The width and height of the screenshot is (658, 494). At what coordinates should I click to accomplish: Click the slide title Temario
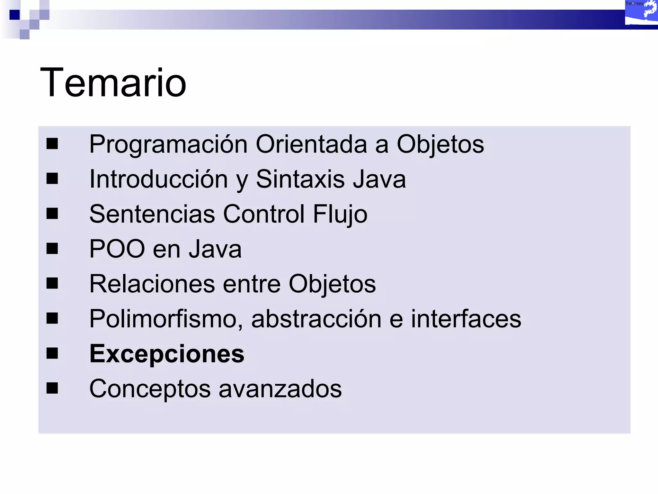tap(113, 83)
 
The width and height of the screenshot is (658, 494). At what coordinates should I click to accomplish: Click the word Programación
tap(168, 144)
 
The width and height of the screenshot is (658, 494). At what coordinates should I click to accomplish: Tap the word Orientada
tap(311, 144)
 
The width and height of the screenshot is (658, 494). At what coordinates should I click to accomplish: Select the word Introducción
tap(158, 179)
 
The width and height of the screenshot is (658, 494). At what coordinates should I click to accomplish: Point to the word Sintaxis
tap(300, 179)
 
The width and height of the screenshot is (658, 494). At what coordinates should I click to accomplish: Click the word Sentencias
tap(152, 214)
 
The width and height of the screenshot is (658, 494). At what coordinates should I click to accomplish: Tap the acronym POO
tap(117, 249)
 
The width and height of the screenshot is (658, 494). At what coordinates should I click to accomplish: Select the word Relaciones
tap(152, 284)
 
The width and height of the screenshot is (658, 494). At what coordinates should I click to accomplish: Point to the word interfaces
tap(466, 319)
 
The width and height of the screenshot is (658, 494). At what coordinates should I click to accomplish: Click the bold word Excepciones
tap(167, 354)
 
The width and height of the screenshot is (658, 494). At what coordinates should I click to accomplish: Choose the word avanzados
tap(280, 389)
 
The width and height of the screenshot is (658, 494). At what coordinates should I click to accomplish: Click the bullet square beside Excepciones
tap(52, 353)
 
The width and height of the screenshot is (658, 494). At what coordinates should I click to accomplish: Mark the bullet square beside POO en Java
tap(52, 248)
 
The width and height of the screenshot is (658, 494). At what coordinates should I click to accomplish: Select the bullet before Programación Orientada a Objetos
tap(52, 144)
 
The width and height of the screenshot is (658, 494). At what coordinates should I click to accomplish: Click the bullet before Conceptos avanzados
tap(52, 388)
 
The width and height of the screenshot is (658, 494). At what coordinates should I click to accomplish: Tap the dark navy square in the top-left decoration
tap(14, 15)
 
